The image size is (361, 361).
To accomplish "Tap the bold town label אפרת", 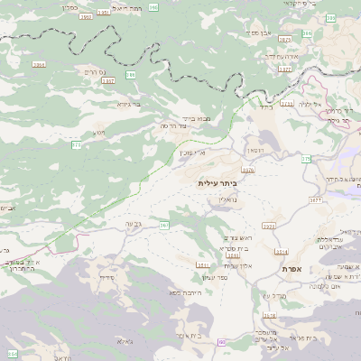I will pos(291,270).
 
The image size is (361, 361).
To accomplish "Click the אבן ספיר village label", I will pos(258,32).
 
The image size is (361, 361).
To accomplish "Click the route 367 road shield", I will pos(164,225).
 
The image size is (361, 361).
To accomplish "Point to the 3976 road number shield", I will pos(248,169).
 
